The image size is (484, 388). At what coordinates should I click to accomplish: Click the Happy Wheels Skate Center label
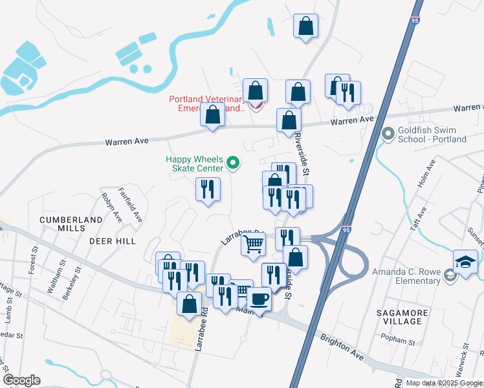click(194, 164)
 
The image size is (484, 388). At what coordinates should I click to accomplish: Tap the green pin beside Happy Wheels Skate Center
click(234, 164)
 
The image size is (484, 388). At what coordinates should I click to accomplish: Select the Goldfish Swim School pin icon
click(388, 135)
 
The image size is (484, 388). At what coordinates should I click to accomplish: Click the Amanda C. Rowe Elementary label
click(406, 277)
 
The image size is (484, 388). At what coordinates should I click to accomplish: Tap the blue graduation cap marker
click(465, 262)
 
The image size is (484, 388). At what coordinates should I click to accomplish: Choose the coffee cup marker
click(259, 299)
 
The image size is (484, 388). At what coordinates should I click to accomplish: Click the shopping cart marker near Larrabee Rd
click(254, 244)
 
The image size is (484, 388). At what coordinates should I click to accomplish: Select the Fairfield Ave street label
click(130, 204)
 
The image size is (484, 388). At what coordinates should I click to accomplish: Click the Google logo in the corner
click(21, 380)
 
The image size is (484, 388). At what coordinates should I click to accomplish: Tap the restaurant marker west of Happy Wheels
click(208, 189)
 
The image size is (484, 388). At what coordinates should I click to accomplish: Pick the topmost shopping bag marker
click(305, 26)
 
